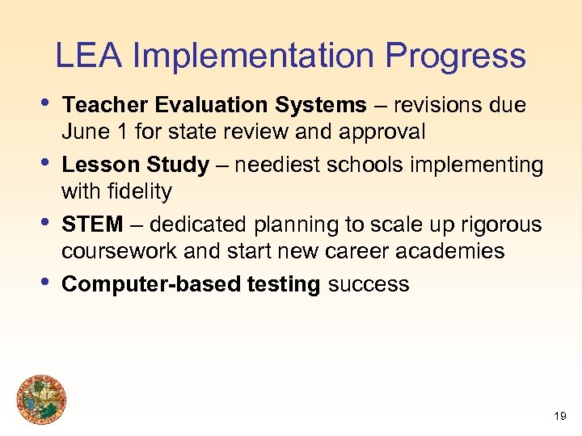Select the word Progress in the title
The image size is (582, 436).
[x=455, y=57]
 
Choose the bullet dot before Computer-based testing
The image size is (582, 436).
[x=45, y=280]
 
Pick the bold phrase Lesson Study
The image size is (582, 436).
[x=135, y=166]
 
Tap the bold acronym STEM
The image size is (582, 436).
[x=92, y=224]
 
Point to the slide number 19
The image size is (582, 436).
[x=560, y=417]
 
